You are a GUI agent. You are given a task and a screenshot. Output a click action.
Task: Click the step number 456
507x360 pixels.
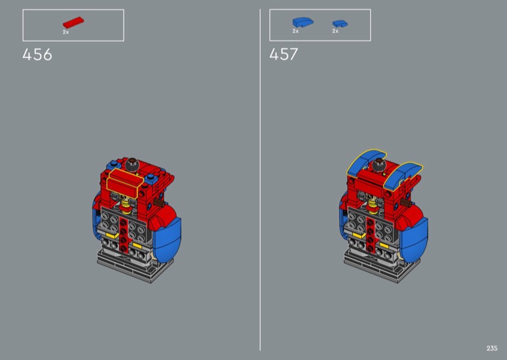coord(37,55)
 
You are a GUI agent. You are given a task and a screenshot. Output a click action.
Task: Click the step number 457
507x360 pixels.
coord(283,54)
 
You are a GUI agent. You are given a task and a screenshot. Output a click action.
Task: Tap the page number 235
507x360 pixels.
coord(492,348)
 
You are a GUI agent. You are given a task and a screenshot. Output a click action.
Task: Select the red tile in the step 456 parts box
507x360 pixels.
coord(73,22)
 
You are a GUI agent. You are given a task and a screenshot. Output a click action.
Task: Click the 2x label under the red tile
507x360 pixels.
coord(66,32)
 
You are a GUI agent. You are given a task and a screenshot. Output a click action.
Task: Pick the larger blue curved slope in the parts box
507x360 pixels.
coord(303,22)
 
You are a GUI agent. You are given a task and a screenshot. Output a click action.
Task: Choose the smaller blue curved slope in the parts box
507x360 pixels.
coord(340,23)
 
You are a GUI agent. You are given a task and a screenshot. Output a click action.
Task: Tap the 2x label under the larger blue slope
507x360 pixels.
coord(295,31)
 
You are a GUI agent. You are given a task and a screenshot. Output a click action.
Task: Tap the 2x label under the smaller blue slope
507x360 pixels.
coord(335,31)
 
